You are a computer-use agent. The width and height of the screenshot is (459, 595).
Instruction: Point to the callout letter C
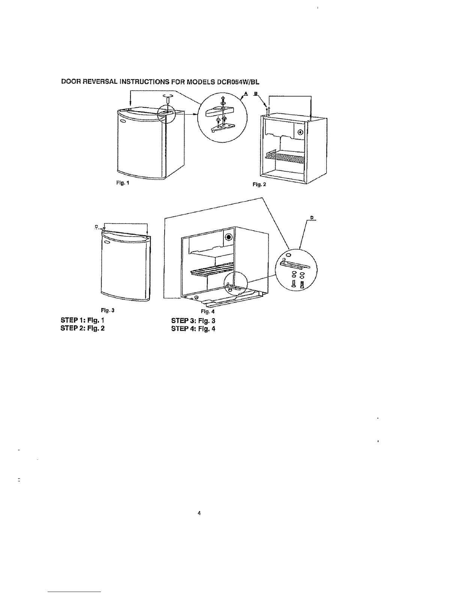tap(96, 226)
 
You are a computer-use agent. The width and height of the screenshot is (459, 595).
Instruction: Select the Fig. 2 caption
tap(259, 185)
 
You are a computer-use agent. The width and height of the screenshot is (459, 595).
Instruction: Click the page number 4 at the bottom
tap(199, 513)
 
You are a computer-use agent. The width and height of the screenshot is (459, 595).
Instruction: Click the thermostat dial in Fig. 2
tap(300, 133)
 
